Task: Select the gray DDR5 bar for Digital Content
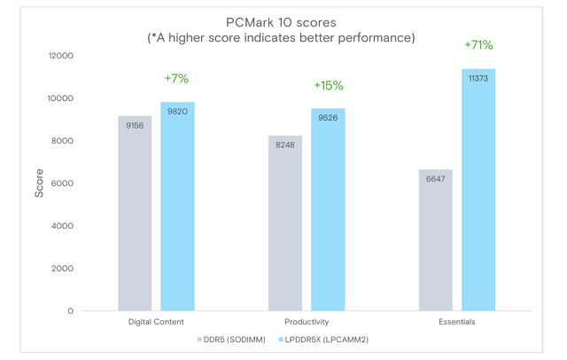(x=135, y=213)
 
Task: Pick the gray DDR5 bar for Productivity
(x=285, y=223)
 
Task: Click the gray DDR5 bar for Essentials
(x=435, y=239)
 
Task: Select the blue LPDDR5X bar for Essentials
(x=478, y=190)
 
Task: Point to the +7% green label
(x=176, y=79)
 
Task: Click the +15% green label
(x=328, y=86)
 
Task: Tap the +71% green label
(x=478, y=45)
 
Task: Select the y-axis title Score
(x=39, y=183)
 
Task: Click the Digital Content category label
(x=156, y=322)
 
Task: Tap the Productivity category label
(x=307, y=322)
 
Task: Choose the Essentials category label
(x=456, y=322)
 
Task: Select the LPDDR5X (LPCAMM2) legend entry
(x=326, y=340)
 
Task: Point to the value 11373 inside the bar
(x=478, y=78)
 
